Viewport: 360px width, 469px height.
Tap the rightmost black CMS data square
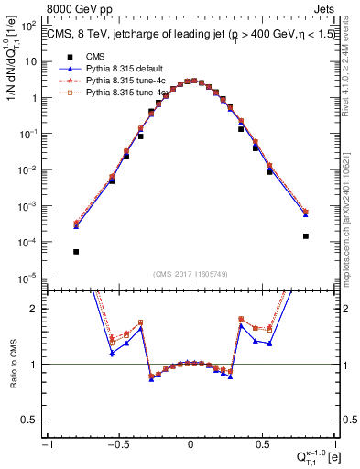click(305, 235)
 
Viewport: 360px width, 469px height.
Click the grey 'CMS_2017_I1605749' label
click(191, 274)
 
